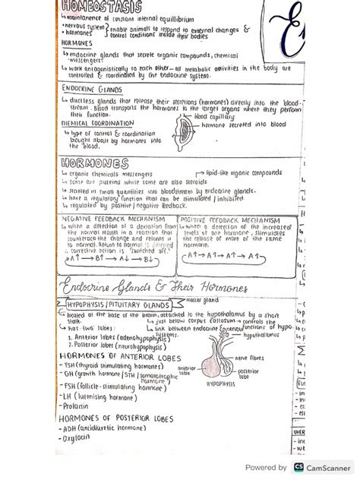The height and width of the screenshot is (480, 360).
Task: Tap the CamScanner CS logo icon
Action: pyautogui.click(x=299, y=468)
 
